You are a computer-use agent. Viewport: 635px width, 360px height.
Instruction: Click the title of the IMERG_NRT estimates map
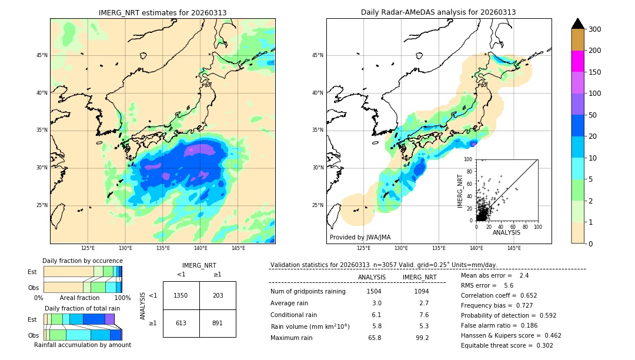pyautogui.click(x=162, y=12)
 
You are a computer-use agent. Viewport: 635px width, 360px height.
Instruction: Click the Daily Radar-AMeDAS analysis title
pyautogui.click(x=438, y=12)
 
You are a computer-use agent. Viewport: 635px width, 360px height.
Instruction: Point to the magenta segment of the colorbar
pyautogui.click(x=577, y=61)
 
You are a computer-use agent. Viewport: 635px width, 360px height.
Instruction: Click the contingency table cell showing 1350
pyautogui.click(x=181, y=295)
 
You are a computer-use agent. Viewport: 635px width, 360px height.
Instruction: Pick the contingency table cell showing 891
pyautogui.click(x=218, y=323)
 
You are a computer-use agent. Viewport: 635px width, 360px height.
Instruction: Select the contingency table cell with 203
pyautogui.click(x=218, y=295)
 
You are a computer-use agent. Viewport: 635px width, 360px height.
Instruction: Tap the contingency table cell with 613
pyautogui.click(x=181, y=323)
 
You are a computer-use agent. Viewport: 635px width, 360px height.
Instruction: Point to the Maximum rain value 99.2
pyautogui.click(x=422, y=338)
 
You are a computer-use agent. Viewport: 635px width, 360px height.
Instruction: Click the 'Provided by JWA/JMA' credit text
pyautogui.click(x=360, y=237)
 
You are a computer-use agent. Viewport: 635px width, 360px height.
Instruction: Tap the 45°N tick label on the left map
pyautogui.click(x=42, y=55)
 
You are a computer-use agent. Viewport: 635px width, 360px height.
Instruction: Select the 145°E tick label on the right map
pyautogui.click(x=514, y=248)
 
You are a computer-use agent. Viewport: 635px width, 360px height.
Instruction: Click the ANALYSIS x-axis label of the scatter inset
pyautogui.click(x=507, y=232)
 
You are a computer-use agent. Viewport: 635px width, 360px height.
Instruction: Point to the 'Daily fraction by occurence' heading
pyautogui.click(x=82, y=261)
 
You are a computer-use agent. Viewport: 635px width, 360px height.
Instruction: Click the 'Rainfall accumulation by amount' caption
pyautogui.click(x=82, y=345)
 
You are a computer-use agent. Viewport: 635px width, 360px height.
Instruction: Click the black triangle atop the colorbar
pyautogui.click(x=577, y=23)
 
